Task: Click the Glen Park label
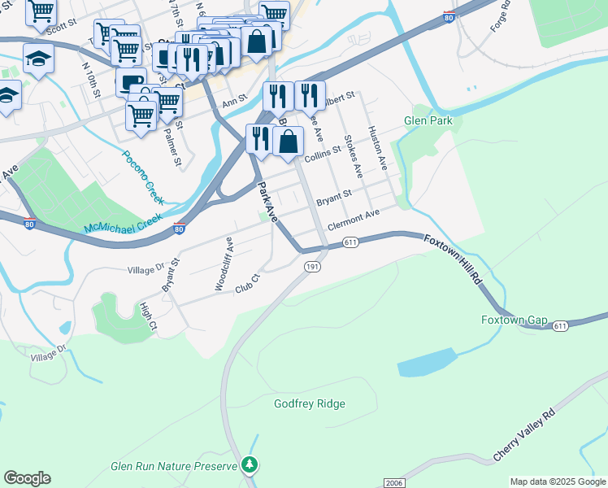428,121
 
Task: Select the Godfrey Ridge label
309,403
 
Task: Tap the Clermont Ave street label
354,219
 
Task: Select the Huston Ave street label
377,147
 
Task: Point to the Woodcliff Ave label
224,264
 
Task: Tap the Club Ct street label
246,284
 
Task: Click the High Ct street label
147,316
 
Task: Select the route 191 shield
312,267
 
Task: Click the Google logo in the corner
27,478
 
